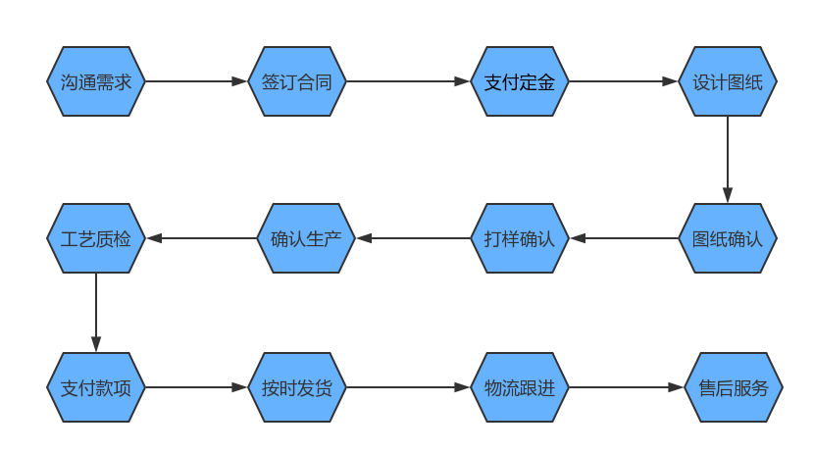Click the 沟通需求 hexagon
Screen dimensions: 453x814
pyautogui.click(x=96, y=82)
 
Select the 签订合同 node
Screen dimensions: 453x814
pyautogui.click(x=297, y=82)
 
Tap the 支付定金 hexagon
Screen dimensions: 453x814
pyautogui.click(x=520, y=82)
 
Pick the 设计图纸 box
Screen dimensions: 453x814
pyautogui.click(x=728, y=82)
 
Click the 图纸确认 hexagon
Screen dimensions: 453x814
pyautogui.click(x=728, y=238)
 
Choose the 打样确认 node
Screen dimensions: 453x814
pyautogui.click(x=520, y=238)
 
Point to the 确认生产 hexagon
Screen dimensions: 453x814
pyautogui.click(x=305, y=238)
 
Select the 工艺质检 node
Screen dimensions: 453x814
pyautogui.click(x=96, y=238)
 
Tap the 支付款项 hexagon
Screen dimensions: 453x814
pyautogui.click(x=96, y=387)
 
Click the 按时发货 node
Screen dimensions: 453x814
pyautogui.click(x=297, y=387)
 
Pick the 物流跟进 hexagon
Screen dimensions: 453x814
pyautogui.click(x=520, y=387)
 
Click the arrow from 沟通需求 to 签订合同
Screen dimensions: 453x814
pyautogui.click(x=196, y=82)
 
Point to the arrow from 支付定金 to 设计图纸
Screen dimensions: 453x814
pyautogui.click(x=624, y=82)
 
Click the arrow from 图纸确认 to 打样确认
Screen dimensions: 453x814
pyautogui.click(x=624, y=238)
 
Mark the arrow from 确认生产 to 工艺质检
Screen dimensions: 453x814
pyautogui.click(x=201, y=238)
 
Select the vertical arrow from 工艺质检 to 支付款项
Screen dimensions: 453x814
pyautogui.click(x=96, y=313)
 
